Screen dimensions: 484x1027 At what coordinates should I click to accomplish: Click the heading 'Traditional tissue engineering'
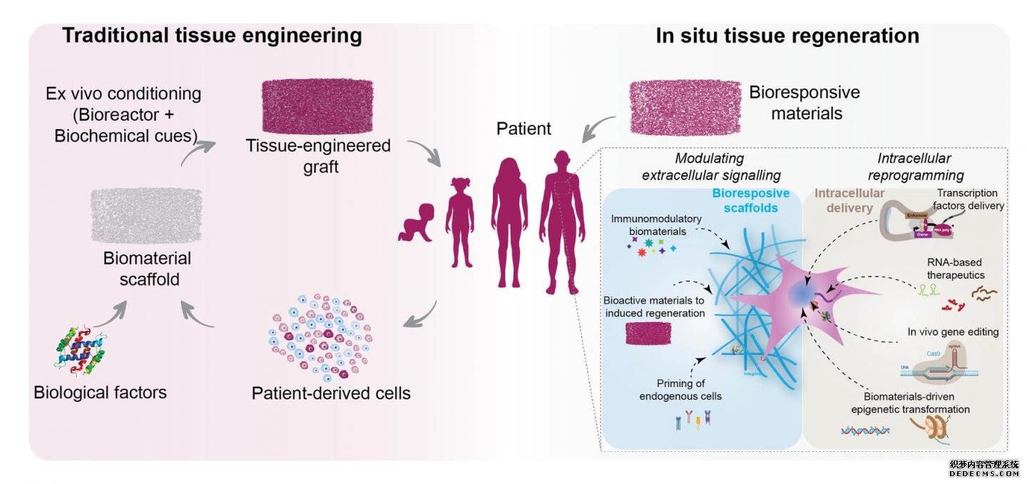point(212,36)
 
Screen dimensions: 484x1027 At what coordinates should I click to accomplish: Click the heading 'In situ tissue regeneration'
point(787,36)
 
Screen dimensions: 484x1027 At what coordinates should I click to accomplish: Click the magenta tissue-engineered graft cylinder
point(317,105)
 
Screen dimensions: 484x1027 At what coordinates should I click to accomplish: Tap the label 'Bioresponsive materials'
point(804,103)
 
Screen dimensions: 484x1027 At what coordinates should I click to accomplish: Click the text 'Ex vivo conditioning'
point(123,93)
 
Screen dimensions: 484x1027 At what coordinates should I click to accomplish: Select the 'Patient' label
point(524,129)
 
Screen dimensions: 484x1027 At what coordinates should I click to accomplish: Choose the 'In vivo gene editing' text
point(953,331)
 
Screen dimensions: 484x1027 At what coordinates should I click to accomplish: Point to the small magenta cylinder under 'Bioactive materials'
point(648,333)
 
